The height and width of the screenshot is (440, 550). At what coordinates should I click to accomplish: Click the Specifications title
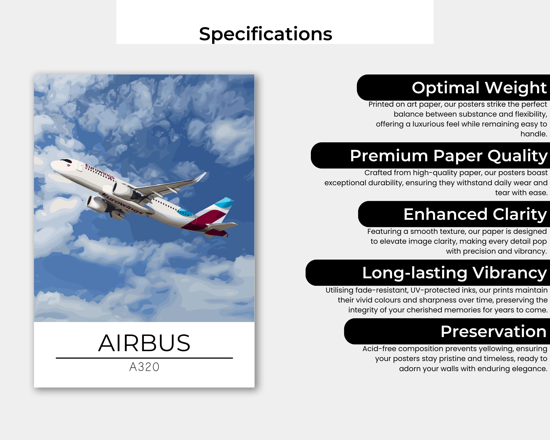coord(266,34)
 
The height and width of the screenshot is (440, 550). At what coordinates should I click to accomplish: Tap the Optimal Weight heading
coord(479,88)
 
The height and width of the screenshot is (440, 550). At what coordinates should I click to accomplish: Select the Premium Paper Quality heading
coord(448,156)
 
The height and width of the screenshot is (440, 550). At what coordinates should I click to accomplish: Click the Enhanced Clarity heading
coord(475,214)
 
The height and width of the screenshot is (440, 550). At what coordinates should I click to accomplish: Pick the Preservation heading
coord(493,331)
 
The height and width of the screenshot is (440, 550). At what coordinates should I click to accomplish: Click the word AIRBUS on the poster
coord(144,343)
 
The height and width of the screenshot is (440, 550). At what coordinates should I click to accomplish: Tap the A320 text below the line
coord(144,367)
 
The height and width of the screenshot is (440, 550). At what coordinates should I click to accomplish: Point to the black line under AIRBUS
coord(144,358)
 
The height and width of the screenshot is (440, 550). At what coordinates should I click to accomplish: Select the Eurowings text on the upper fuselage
coord(100,171)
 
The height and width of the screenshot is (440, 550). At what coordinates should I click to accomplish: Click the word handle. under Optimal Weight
coord(534,134)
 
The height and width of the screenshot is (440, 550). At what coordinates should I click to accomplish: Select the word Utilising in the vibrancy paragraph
coord(339,290)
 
